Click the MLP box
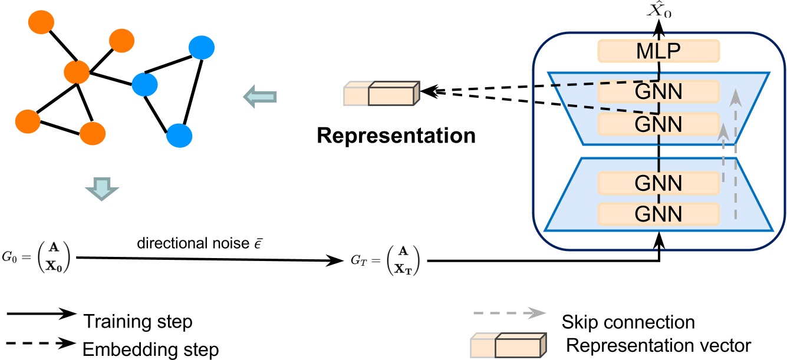[658, 51]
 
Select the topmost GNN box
[658, 92]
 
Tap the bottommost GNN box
[658, 213]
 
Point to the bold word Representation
[396, 136]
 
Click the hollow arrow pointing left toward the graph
[260, 95]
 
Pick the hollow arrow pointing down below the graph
[102, 189]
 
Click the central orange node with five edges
[77, 72]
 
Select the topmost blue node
[201, 48]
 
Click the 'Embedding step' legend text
[150, 349]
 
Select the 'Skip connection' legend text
[628, 322]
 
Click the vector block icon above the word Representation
[381, 93]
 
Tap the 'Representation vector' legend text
[658, 346]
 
